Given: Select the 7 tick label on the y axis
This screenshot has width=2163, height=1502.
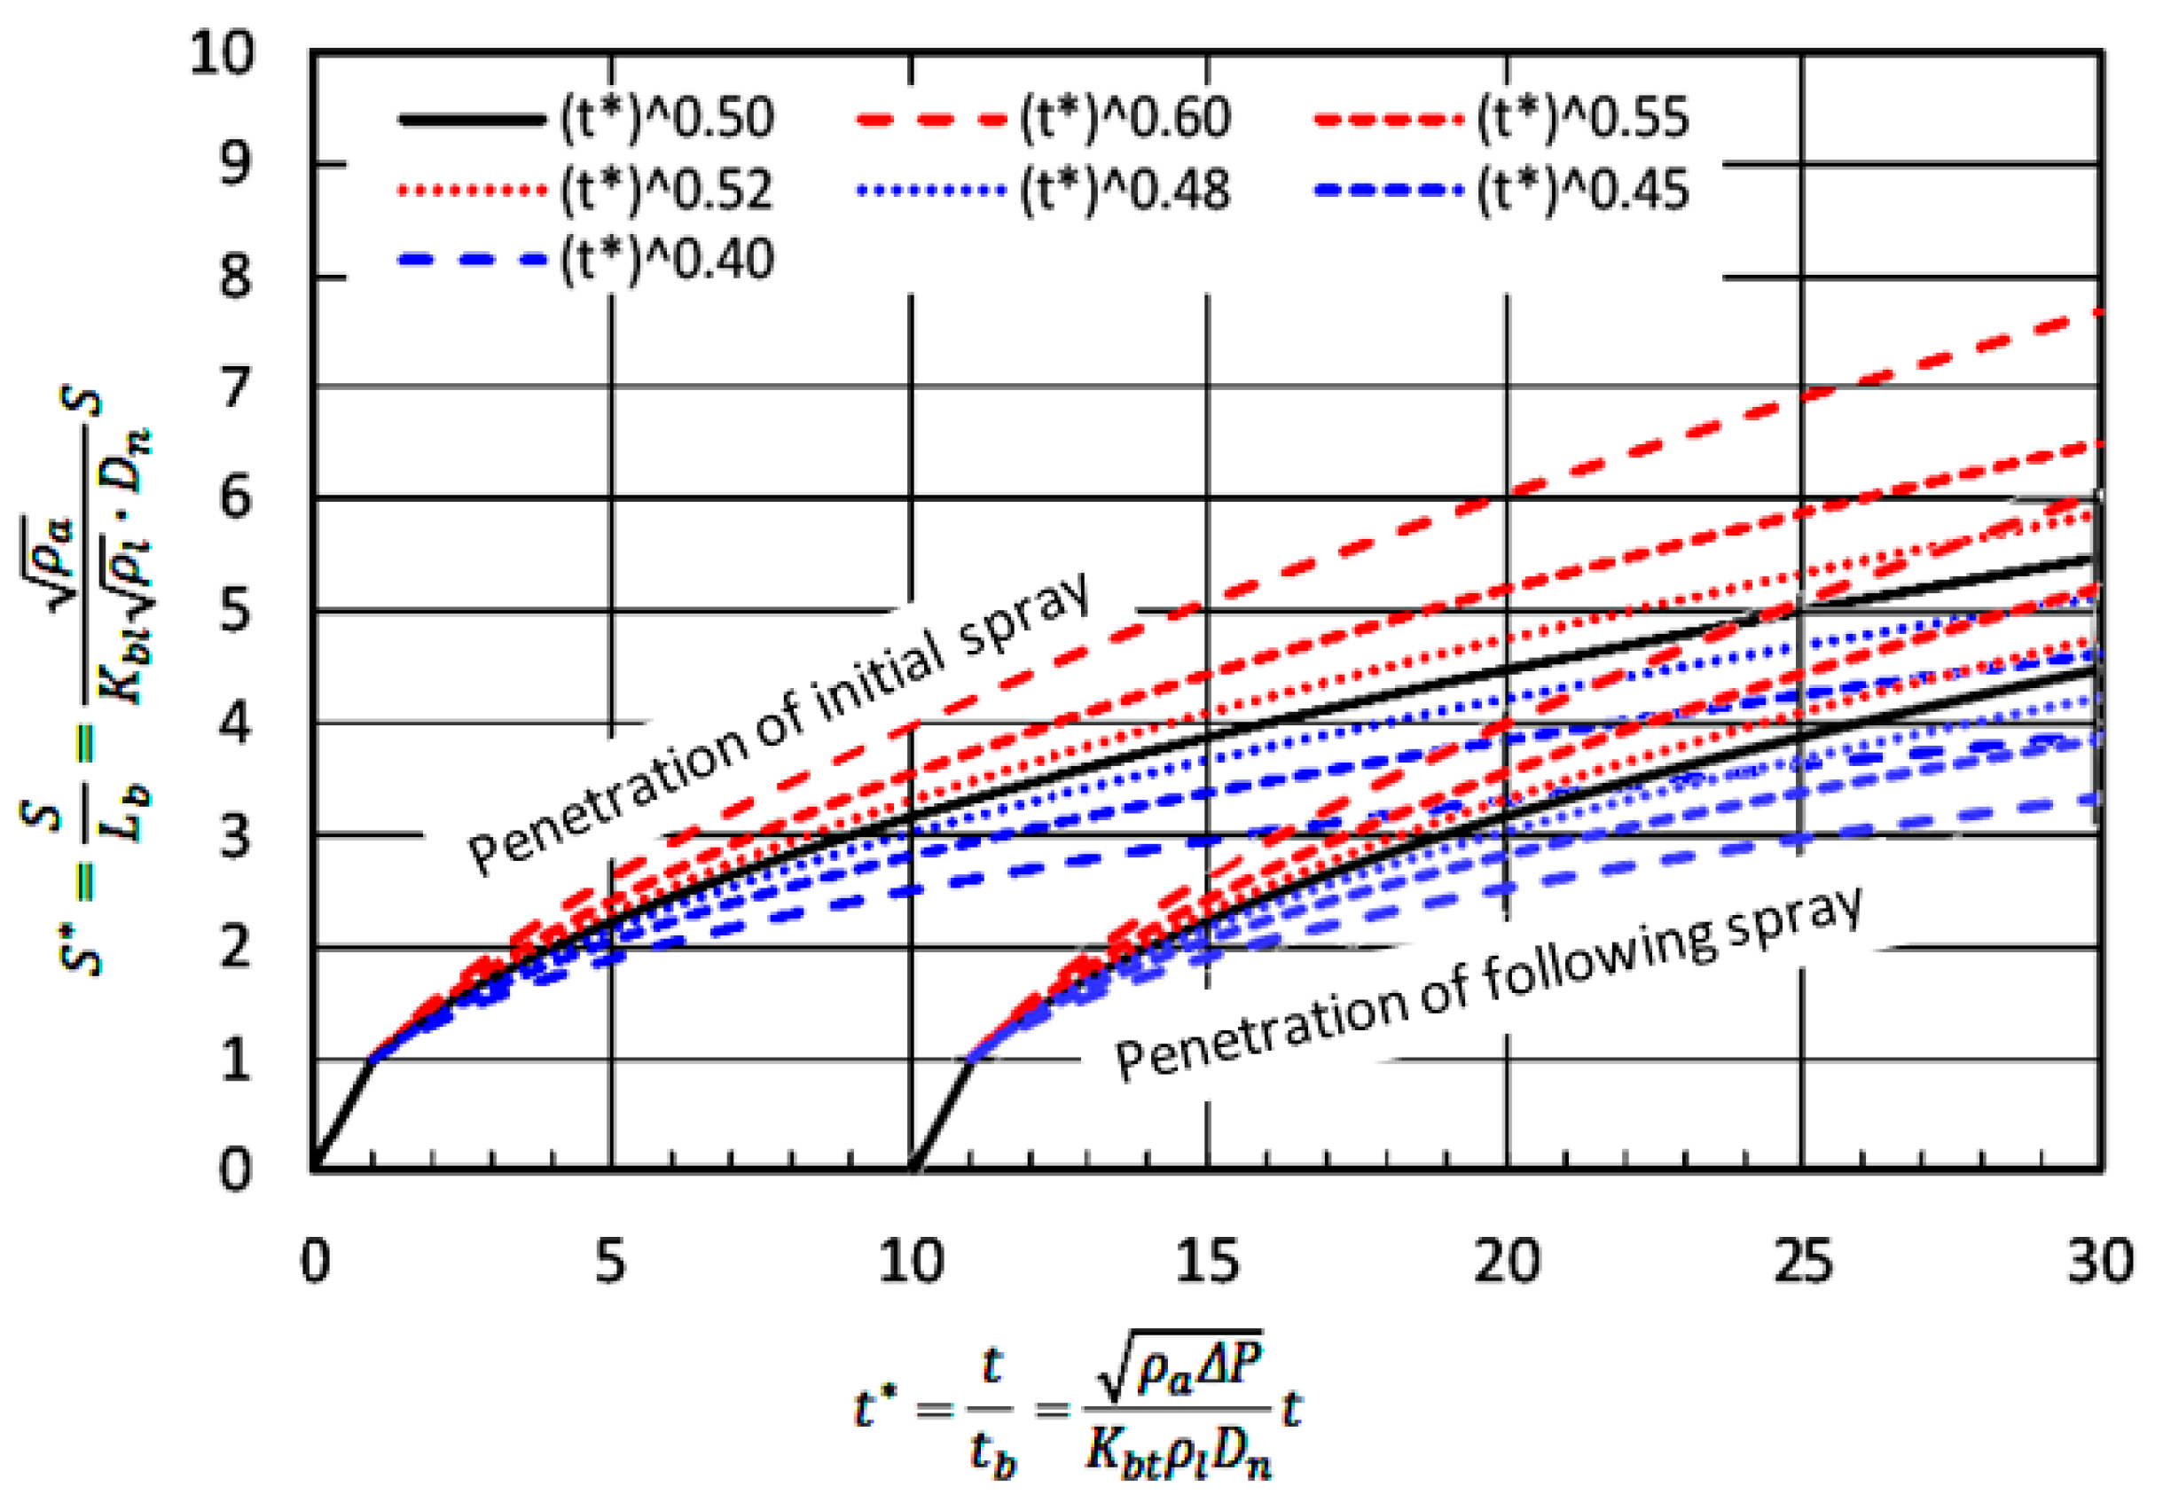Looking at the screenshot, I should pos(235,387).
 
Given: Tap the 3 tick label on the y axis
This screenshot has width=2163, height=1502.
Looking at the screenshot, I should pos(235,834).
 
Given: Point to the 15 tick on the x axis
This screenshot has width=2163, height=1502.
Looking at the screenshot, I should pos(1207,1259).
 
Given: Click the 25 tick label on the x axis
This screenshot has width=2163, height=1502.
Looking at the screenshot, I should pos(1802,1259).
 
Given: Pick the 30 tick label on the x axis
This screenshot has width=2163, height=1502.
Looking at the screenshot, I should pos(2099,1259).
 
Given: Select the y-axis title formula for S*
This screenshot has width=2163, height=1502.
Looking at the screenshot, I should pos(87,683).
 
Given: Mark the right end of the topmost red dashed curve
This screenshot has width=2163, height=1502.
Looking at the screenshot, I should pos(2097,313).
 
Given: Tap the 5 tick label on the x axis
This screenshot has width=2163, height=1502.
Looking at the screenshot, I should pos(610,1259).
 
